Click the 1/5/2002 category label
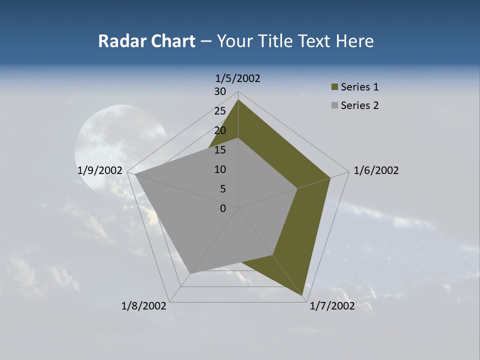238,78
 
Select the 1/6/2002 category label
376,170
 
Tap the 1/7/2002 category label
332,306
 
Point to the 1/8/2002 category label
144,306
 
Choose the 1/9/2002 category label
100,170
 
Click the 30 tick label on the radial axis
220,91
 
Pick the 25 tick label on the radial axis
220,111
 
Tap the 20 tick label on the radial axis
220,130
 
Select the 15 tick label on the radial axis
220,150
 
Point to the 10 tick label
220,169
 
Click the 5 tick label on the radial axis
222,189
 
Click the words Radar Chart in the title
146,41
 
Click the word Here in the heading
355,41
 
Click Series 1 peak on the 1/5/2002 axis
238,100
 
